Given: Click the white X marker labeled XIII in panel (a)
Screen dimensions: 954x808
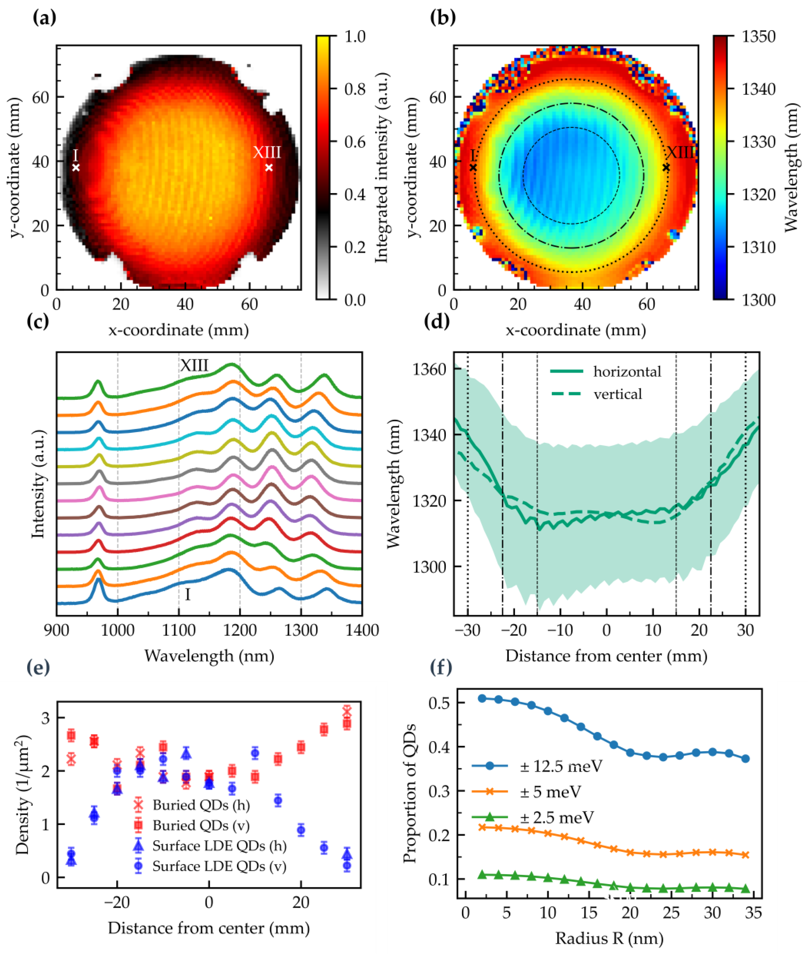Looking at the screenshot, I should click(x=269, y=168).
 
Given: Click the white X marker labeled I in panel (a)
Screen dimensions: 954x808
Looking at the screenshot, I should click(x=76, y=168).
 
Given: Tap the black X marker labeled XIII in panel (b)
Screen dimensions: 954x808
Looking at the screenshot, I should click(x=666, y=168).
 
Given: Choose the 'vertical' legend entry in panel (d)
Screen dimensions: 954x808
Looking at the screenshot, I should click(x=617, y=394).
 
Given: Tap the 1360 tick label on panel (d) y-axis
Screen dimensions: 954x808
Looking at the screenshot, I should click(x=430, y=369).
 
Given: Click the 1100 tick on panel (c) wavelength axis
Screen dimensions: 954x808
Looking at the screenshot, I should click(x=179, y=630).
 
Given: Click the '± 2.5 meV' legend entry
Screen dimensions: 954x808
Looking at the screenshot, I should click(x=556, y=817).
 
